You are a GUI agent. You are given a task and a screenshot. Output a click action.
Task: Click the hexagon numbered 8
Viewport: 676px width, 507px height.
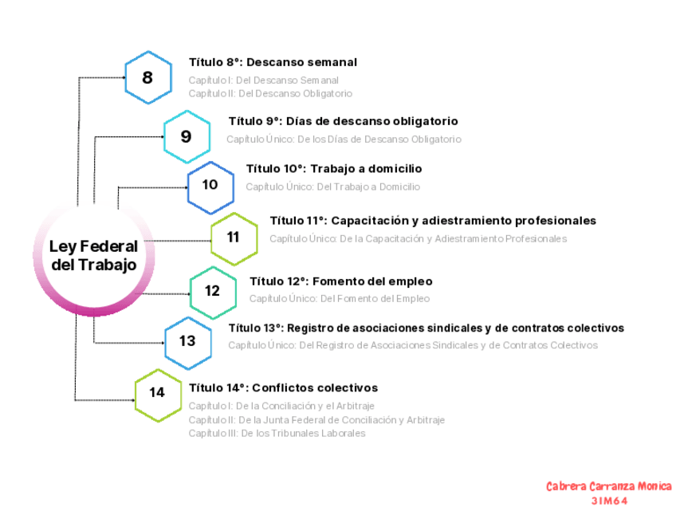[x=148, y=77]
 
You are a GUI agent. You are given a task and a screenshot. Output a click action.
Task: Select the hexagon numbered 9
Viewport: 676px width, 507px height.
[x=187, y=136]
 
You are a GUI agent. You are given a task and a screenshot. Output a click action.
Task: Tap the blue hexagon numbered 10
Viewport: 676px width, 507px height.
[x=210, y=185]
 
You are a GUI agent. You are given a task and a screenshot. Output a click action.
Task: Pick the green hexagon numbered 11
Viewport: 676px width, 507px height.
[x=234, y=237]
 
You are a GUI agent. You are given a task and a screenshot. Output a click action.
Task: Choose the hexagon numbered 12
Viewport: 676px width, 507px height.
[x=213, y=291]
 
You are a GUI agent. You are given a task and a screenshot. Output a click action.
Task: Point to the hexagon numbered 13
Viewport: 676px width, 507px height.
[x=188, y=341]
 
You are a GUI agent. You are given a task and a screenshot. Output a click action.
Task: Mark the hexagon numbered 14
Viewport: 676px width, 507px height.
[x=158, y=392]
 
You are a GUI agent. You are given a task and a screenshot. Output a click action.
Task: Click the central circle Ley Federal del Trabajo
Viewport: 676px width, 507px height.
[x=94, y=255]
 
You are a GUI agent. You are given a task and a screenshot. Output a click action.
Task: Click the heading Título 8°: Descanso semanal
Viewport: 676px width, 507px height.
[x=273, y=62]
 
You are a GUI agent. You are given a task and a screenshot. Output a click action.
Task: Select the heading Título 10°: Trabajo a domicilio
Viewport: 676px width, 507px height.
[x=334, y=169]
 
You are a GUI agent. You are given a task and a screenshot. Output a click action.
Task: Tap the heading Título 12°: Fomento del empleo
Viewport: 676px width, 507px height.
[x=341, y=281]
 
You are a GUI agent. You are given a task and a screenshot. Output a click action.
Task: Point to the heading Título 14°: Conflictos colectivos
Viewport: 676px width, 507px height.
[x=283, y=388]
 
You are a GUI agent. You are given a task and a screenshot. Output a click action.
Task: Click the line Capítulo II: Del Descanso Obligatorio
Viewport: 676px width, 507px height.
[x=270, y=93]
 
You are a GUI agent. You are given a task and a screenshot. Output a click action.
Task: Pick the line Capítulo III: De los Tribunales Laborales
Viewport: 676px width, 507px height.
[x=277, y=433]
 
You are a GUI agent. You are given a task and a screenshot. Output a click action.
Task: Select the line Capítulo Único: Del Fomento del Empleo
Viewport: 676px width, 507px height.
[x=340, y=299]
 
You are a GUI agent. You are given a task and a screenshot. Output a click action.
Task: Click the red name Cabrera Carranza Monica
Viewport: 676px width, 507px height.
[x=609, y=486]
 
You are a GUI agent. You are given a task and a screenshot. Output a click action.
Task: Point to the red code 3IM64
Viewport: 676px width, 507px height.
[x=610, y=501]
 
